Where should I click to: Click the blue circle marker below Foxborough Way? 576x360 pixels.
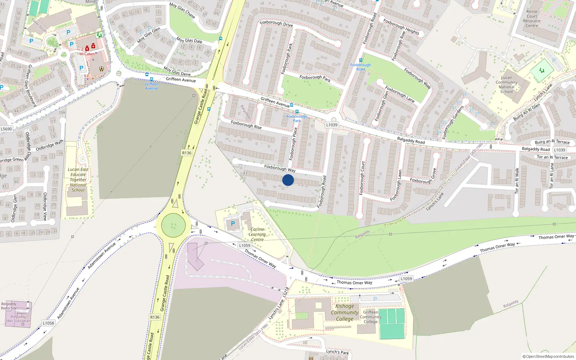tap(288, 180)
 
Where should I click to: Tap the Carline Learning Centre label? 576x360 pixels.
tap(257, 234)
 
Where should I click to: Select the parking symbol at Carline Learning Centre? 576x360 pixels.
tap(233, 224)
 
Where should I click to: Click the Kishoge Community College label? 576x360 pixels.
tap(345, 312)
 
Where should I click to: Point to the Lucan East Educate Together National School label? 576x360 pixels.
tap(78, 180)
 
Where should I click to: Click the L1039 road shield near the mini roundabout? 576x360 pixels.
tap(332, 125)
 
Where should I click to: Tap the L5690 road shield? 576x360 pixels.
tap(6, 129)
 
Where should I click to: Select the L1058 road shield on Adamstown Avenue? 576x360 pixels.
tap(48, 323)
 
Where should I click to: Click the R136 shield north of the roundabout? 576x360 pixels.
tap(186, 153)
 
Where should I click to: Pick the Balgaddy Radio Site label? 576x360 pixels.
tap(9, 306)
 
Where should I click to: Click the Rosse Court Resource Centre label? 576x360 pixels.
tap(532, 18)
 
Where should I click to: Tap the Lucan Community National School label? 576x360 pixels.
tap(506, 85)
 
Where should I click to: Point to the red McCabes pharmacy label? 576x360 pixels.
tap(87, 54)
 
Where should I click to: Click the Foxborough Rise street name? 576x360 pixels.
tap(246, 125)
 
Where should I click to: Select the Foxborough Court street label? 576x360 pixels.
tap(362, 178)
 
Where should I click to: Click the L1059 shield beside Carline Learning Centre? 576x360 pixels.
tap(244, 246)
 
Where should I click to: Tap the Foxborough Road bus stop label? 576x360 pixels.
tap(360, 67)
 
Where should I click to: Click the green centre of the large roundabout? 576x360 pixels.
tap(174, 225)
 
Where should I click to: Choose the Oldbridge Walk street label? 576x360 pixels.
tap(49, 145)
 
